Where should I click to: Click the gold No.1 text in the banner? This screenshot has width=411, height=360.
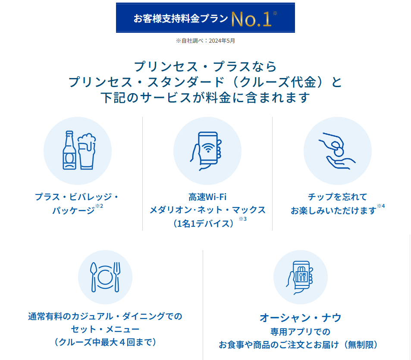click(x=251, y=19)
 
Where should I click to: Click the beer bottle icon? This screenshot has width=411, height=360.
click(x=69, y=150)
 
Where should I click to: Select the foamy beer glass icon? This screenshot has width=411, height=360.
click(x=87, y=151)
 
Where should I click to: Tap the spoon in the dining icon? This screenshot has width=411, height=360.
click(x=94, y=277)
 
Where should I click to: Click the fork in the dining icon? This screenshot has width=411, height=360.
click(x=117, y=277)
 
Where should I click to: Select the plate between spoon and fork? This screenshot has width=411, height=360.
click(x=105, y=277)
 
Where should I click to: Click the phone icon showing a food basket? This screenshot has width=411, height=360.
click(x=300, y=278)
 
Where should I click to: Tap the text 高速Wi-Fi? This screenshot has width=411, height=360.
click(x=207, y=197)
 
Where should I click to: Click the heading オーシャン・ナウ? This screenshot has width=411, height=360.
click(x=301, y=318)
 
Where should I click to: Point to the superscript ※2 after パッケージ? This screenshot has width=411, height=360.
click(x=99, y=206)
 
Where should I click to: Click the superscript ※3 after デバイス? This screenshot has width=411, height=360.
click(x=242, y=219)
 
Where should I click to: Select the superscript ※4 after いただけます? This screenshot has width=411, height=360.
click(x=381, y=206)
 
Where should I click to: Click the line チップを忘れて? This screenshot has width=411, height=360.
click(x=337, y=197)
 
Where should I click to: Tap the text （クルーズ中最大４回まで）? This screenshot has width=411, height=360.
click(x=105, y=342)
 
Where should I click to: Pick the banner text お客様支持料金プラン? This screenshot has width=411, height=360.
click(x=181, y=19)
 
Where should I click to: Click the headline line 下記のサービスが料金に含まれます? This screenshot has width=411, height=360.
click(x=205, y=97)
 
